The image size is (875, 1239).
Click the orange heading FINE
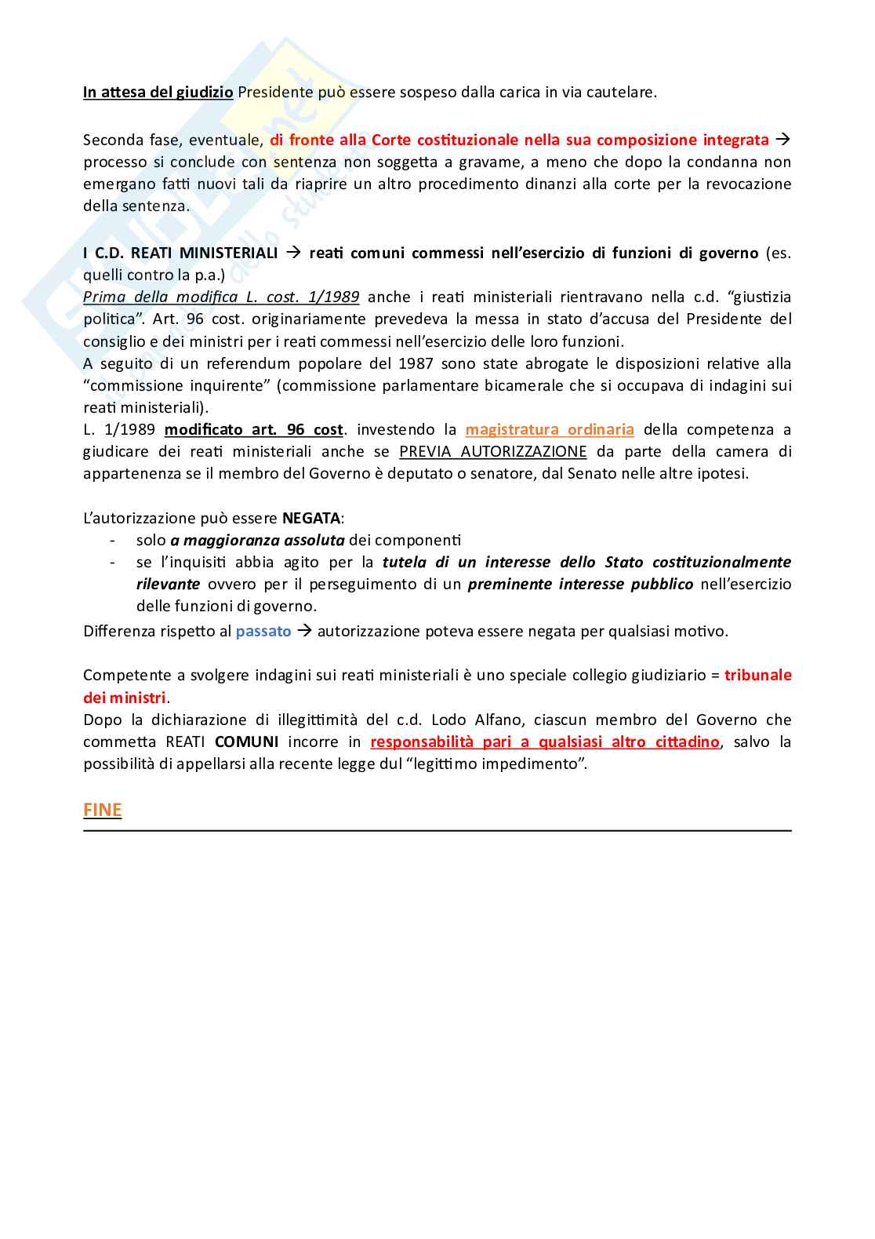(102, 810)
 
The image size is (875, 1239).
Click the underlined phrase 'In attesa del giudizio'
(158, 92)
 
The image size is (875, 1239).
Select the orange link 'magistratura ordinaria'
(549, 429)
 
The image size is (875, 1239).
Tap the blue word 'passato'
(263, 631)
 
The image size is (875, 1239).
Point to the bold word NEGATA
(311, 518)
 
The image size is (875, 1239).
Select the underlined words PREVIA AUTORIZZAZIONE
(492, 451)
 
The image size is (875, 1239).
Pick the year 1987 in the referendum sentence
(416, 363)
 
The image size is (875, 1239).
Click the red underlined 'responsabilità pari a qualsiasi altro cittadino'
(544, 742)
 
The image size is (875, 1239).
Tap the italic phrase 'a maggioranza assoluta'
(257, 540)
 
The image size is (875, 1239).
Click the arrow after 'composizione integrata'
(782, 140)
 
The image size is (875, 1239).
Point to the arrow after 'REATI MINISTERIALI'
(293, 253)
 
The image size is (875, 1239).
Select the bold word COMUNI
(246, 742)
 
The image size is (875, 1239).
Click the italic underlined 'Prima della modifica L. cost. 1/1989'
(221, 297)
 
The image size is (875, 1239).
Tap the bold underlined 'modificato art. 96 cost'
(253, 429)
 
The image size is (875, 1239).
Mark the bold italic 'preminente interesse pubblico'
(580, 584)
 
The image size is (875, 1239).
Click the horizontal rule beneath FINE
(437, 830)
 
